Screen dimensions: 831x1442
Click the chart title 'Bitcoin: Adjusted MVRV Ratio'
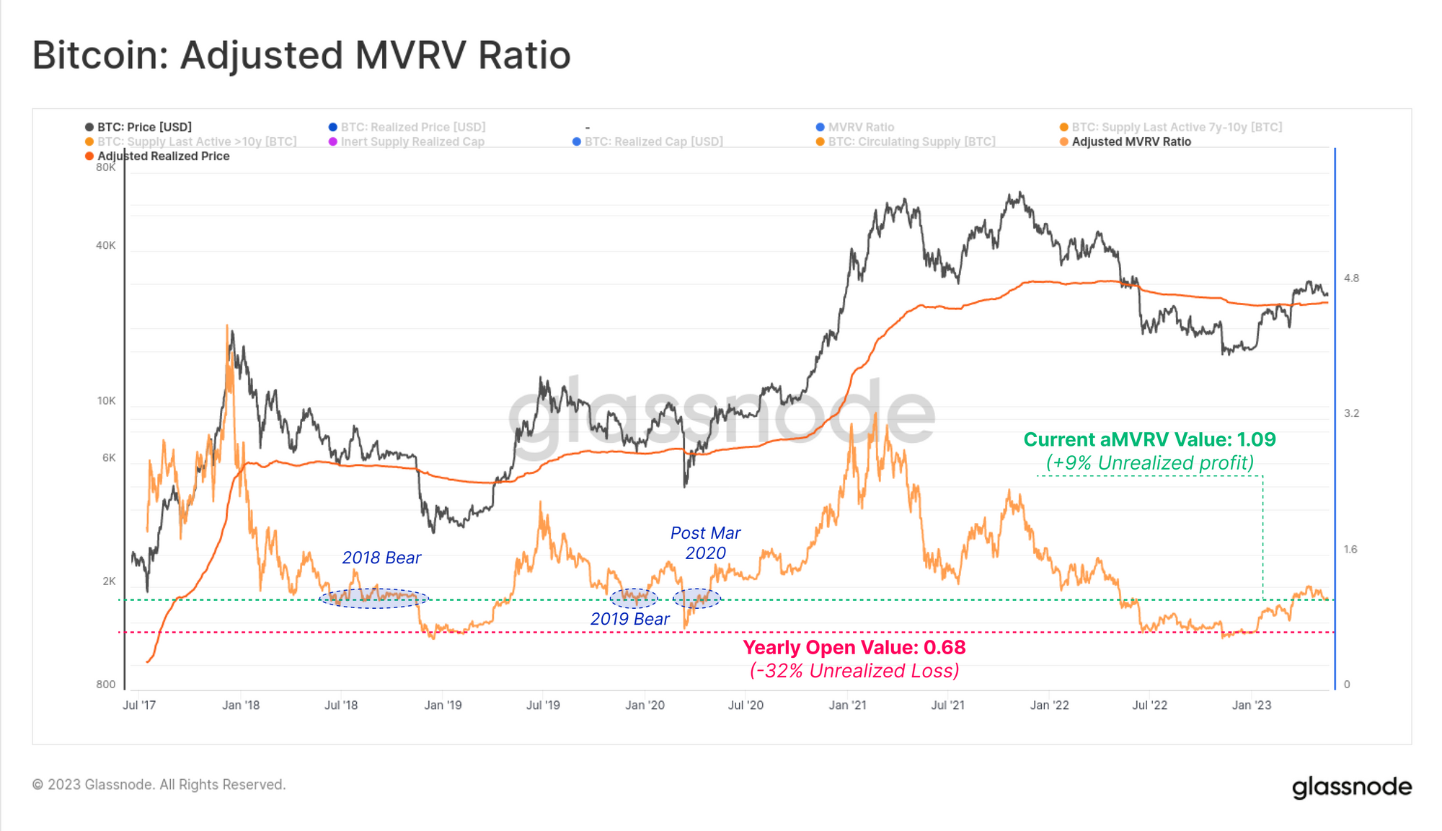click(x=301, y=56)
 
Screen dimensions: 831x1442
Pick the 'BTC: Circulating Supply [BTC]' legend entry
click(x=911, y=141)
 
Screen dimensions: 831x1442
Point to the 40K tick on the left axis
click(x=105, y=245)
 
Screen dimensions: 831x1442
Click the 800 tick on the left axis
click(x=105, y=685)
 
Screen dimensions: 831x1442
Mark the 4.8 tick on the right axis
click(x=1351, y=278)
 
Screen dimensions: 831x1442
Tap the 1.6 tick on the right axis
click(x=1350, y=550)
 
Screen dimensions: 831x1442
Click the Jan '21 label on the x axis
click(x=847, y=705)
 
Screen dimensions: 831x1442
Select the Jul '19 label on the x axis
click(x=543, y=705)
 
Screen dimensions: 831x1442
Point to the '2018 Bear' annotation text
click(x=381, y=558)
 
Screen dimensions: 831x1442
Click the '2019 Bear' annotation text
click(x=629, y=619)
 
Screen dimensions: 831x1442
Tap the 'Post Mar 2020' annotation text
click(x=705, y=543)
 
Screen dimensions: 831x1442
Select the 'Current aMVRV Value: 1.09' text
click(x=1149, y=439)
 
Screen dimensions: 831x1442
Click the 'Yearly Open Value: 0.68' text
click(x=854, y=647)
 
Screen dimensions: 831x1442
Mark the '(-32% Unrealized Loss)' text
click(x=854, y=671)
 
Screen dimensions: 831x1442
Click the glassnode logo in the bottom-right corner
click(x=1351, y=787)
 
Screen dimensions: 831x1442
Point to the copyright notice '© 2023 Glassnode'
click(x=159, y=784)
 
